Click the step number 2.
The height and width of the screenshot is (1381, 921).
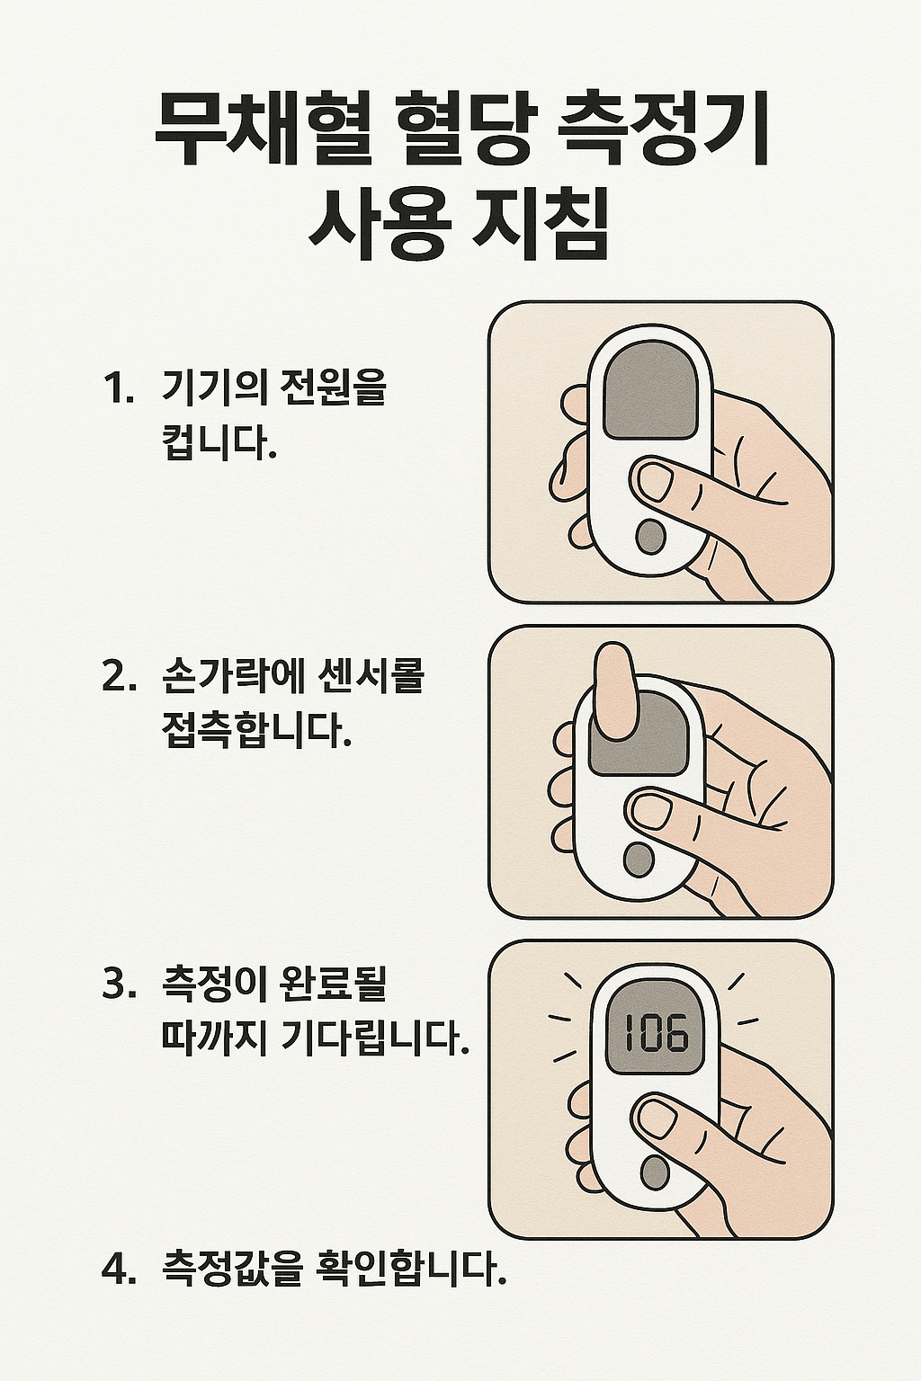pos(118,676)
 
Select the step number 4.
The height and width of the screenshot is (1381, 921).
pos(118,1268)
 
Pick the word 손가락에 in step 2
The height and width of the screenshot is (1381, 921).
pos(230,676)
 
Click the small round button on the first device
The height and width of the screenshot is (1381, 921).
pos(649,537)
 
